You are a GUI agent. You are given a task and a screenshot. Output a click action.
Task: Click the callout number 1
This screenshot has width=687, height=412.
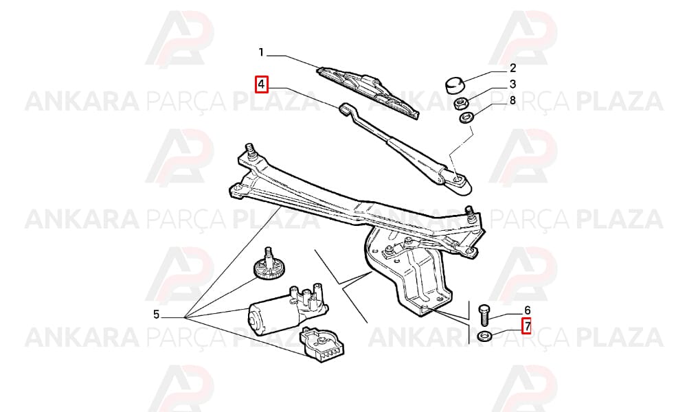point(261,53)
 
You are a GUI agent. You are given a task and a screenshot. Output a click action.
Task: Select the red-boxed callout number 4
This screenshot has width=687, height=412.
point(262,84)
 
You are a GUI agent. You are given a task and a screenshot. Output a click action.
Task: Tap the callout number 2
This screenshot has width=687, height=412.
point(513,68)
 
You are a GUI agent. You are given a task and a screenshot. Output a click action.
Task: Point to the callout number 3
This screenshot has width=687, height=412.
point(513,84)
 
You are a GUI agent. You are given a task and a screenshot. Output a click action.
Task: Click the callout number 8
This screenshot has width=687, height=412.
point(513,100)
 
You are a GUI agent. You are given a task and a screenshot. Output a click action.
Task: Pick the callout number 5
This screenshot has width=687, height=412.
point(157,314)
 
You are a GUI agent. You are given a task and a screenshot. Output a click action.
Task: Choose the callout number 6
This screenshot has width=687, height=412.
point(528,310)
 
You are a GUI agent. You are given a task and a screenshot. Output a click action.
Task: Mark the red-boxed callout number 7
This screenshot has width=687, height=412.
point(526,325)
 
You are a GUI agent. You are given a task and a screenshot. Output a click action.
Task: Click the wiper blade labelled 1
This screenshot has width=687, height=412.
point(369,92)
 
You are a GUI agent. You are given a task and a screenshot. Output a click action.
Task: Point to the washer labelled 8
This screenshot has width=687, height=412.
point(466,117)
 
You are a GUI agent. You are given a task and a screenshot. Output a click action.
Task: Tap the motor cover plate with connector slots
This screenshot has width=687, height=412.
point(321,345)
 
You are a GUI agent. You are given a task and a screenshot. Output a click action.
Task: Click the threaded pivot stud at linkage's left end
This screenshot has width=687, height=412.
point(251,152)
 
